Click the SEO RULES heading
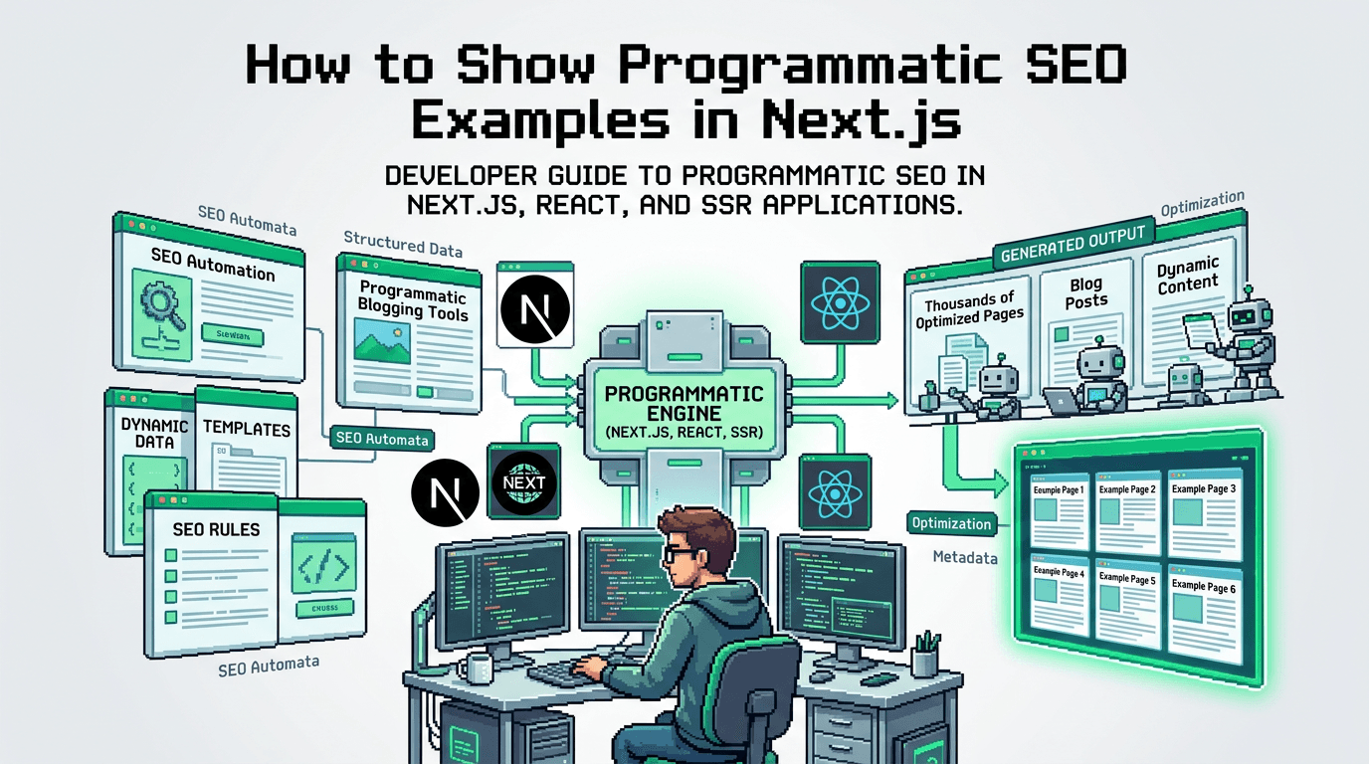(x=216, y=529)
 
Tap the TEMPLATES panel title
(x=247, y=429)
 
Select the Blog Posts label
(x=1086, y=293)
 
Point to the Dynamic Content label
(x=1188, y=275)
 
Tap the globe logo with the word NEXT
(x=522, y=482)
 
